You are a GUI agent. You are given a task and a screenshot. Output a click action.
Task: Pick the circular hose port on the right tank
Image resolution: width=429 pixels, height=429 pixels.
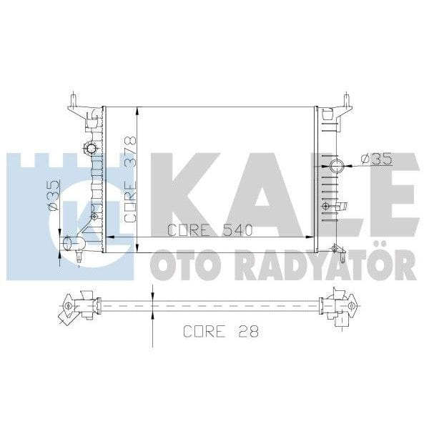click(x=337, y=167)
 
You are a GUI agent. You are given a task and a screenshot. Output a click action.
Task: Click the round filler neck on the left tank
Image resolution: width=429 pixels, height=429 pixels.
click(x=92, y=149)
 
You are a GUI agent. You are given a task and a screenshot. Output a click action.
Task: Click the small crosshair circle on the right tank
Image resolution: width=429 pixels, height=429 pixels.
click(x=327, y=206)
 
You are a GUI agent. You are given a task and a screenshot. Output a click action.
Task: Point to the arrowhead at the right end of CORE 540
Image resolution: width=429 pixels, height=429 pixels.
click(x=313, y=240)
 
